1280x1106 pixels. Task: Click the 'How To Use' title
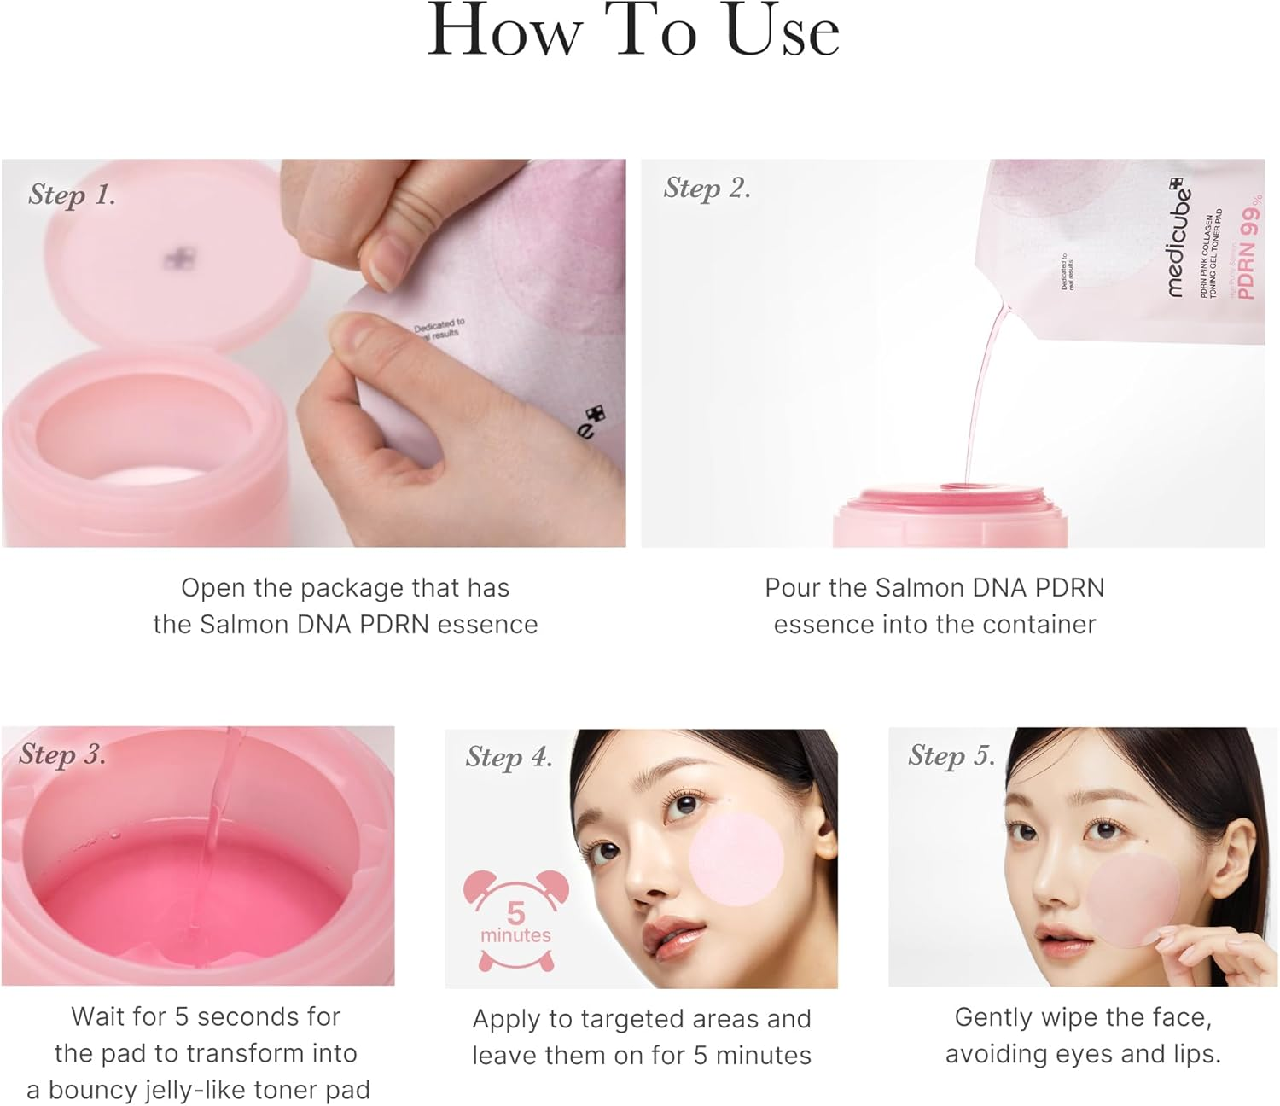click(x=633, y=32)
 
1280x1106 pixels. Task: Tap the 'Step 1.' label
click(x=72, y=195)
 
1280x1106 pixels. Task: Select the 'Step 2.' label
click(x=707, y=188)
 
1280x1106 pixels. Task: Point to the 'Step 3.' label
click(x=62, y=754)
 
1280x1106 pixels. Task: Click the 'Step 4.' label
click(x=509, y=757)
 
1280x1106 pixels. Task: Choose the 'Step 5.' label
click(x=951, y=755)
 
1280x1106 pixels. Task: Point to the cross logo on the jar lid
click(x=179, y=259)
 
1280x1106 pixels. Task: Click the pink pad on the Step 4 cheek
click(x=736, y=858)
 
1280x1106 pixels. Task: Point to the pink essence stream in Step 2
click(x=981, y=393)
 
